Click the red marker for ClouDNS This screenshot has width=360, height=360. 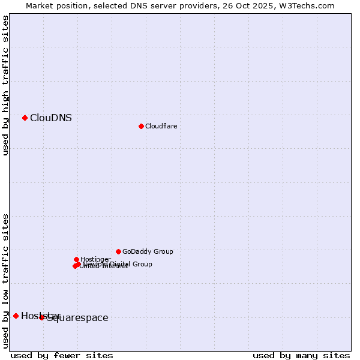pyautogui.click(x=25, y=118)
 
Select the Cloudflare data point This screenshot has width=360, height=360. pyautogui.click(x=141, y=126)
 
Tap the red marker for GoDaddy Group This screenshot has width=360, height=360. pyautogui.click(x=118, y=251)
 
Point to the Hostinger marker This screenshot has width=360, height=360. pyautogui.click(x=76, y=259)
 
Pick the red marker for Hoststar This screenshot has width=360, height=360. pyautogui.click(x=16, y=316)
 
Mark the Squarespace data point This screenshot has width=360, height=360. pyautogui.click(x=42, y=317)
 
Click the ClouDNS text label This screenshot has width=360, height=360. pyautogui.click(x=51, y=118)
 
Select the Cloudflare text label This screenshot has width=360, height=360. pyautogui.click(x=161, y=126)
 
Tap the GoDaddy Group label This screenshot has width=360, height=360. pyautogui.click(x=148, y=252)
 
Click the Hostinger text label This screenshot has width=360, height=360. pyautogui.click(x=95, y=259)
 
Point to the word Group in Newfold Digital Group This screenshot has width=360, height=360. pyautogui.click(x=142, y=264)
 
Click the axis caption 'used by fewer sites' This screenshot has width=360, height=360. pyautogui.click(x=62, y=355)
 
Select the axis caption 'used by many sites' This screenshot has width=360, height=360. pyautogui.click(x=301, y=355)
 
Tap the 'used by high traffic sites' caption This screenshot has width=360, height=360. pyautogui.click(x=6, y=85)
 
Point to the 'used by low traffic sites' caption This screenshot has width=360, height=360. pyautogui.click(x=6, y=281)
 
